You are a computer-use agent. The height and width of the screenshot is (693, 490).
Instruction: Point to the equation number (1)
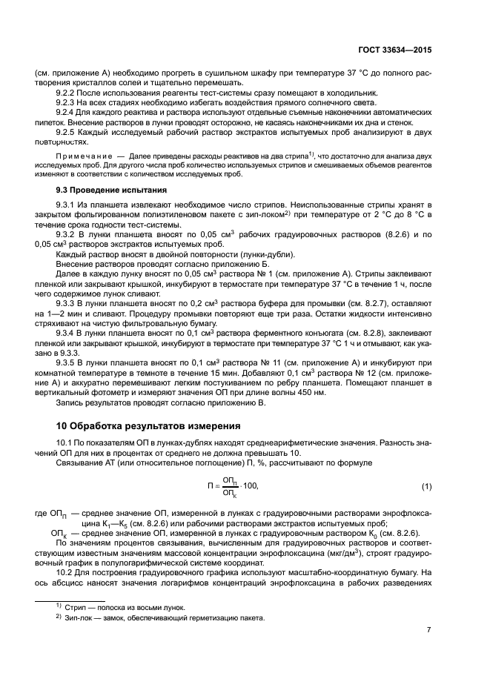pyautogui.click(x=426, y=486)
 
